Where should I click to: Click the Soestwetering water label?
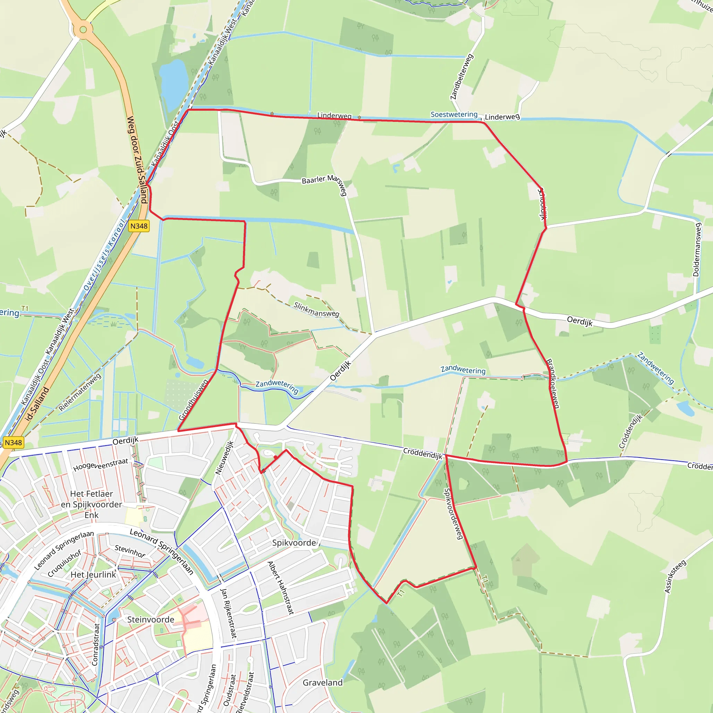coord(454,115)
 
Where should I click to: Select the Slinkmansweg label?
coord(316,310)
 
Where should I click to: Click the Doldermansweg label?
coord(696,249)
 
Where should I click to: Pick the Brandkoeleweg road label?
coord(553,383)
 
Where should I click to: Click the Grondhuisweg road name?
coord(193,400)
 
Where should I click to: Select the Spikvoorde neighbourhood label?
coord(294,543)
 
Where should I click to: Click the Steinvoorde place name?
coord(150,620)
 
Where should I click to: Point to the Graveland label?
coord(322,683)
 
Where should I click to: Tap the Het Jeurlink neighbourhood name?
coord(93,574)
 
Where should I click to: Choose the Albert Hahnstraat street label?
coord(281,588)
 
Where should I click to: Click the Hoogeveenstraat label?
coord(100,465)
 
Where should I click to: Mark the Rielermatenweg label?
coord(80,392)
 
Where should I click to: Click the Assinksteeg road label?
coord(675,577)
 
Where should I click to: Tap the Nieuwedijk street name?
coord(225,457)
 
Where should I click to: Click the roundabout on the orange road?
coord(83,30)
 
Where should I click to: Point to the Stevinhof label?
coord(130,551)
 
